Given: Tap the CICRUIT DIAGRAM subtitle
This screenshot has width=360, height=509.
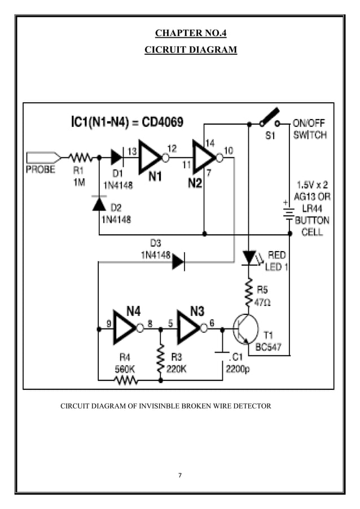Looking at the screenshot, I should (x=191, y=50).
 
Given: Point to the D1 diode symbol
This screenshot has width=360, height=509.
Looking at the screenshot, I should (x=117, y=157).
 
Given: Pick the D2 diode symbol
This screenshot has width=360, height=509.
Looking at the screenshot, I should (x=99, y=204).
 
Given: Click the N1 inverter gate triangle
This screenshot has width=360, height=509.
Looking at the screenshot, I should (x=151, y=157).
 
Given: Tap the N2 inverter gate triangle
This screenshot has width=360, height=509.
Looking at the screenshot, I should (x=204, y=157).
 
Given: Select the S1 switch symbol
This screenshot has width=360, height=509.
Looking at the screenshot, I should (x=269, y=119).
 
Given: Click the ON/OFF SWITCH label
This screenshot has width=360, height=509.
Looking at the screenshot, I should (x=309, y=129).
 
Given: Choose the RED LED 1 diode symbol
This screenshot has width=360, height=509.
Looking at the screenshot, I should (x=249, y=257).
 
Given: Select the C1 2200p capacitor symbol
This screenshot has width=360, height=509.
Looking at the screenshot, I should (x=222, y=354).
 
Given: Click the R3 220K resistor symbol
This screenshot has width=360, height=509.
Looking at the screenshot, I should (x=160, y=356).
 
